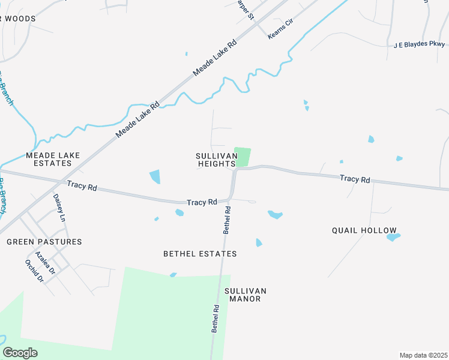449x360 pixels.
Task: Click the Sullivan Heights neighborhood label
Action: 215,160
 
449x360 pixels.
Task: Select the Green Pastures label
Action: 44,242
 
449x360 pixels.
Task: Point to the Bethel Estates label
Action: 200,254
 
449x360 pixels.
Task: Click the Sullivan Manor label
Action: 245,295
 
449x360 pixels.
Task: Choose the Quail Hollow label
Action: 364,230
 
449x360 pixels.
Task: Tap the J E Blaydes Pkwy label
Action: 420,44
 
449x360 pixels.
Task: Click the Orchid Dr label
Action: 34,271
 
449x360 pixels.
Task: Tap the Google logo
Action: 20,353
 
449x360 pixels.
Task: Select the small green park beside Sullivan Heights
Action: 243,157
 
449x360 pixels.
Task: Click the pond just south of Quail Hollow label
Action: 393,237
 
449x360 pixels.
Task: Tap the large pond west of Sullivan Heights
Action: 155,177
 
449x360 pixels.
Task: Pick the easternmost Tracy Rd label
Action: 354,179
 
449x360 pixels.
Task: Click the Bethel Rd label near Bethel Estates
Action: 227,220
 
